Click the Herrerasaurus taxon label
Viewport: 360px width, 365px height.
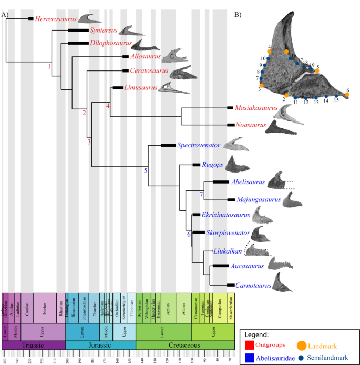[x=55, y=19]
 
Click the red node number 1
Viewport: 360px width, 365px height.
[x=49, y=67]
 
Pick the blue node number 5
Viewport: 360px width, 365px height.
[x=146, y=169]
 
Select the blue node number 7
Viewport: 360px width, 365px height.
[x=201, y=195]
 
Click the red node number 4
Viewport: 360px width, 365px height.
[x=108, y=106]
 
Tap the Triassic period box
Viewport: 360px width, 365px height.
[x=34, y=344]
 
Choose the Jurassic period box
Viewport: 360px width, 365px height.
[x=100, y=344]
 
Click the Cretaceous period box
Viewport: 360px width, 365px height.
[x=185, y=344]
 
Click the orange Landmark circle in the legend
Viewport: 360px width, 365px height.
[x=301, y=345]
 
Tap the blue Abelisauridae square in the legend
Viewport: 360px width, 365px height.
[x=250, y=357]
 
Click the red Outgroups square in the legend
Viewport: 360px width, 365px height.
[x=250, y=346]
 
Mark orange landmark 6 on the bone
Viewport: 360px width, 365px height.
[x=347, y=95]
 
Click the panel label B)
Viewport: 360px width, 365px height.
[x=238, y=14]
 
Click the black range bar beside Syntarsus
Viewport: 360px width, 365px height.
[x=78, y=31]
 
